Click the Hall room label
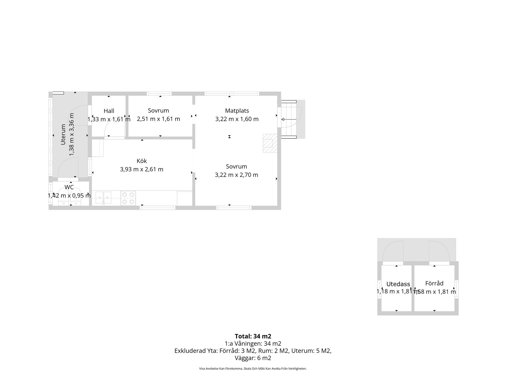(109, 111)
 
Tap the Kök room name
(142, 161)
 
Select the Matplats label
(237, 111)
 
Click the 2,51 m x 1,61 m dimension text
(158, 119)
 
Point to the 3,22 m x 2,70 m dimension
(236, 175)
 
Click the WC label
(69, 187)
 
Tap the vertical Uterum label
(63, 134)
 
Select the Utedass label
(398, 284)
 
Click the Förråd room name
(434, 283)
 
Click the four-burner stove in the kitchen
(128, 198)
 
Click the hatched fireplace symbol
(270, 143)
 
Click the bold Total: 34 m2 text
(253, 336)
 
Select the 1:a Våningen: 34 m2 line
(253, 343)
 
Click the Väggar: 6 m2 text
(253, 358)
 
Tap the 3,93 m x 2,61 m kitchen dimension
(142, 169)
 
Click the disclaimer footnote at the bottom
(253, 369)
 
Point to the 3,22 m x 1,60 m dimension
(237, 119)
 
